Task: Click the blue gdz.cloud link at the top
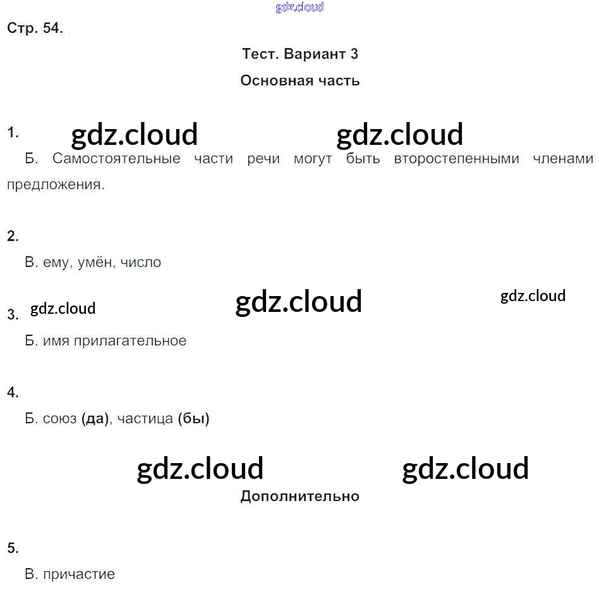299,7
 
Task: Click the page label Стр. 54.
35,28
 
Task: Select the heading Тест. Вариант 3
300,54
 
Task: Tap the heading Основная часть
300,81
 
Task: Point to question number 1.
13,133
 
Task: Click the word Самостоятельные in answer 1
116,158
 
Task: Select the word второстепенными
457,159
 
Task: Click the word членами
563,158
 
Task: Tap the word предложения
56,185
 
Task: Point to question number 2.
13,236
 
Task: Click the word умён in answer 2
96,263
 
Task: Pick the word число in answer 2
141,263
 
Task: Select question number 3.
13,314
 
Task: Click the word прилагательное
130,341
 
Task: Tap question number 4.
13,392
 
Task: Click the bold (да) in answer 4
95,419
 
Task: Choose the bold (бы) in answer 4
194,419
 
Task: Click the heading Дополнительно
300,497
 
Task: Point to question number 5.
13,548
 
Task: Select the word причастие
79,574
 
